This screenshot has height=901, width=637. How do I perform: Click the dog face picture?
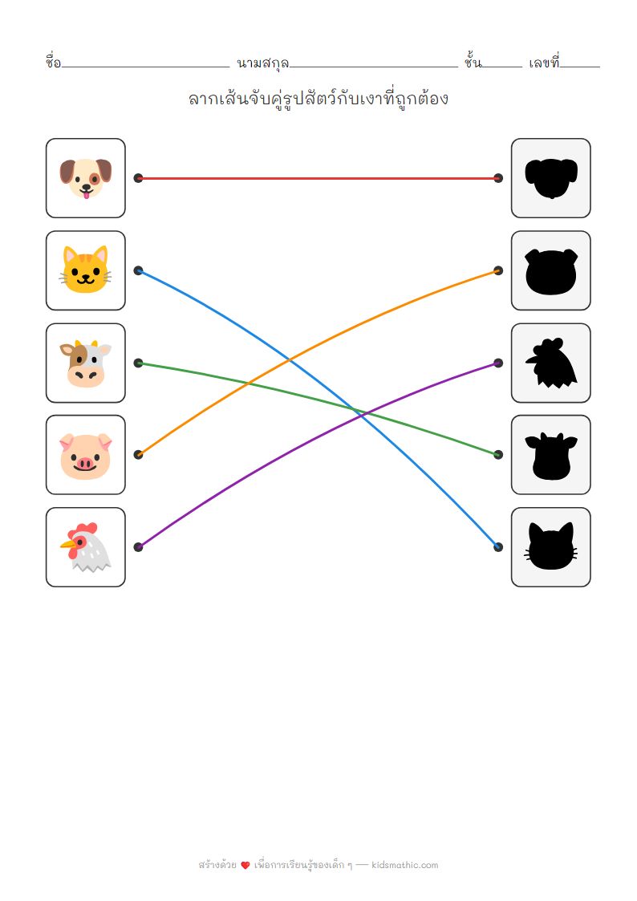point(85,177)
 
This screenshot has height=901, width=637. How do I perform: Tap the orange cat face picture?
point(85,270)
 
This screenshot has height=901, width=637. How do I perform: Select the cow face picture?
point(85,363)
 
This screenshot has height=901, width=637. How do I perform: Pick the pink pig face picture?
point(85,454)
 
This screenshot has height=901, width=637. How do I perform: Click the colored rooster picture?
point(85,546)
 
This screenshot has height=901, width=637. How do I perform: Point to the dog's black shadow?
point(551,177)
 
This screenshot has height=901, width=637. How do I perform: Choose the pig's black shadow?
point(551,270)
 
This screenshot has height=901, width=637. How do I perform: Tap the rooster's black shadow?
point(551,363)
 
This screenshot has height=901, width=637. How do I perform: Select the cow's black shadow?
point(551,454)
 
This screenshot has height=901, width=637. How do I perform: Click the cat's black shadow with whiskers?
point(551,546)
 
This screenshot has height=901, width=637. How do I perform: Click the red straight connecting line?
point(318,178)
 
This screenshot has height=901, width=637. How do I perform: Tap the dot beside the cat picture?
point(138,270)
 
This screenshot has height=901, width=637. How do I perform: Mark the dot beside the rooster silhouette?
point(498,363)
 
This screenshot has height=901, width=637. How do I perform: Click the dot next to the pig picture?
point(138,454)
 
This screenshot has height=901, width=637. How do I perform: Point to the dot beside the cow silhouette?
point(498,454)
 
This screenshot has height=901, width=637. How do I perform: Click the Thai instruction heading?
point(318,99)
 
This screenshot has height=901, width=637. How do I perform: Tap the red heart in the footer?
point(245,865)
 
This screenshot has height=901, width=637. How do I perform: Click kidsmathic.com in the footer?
point(405,865)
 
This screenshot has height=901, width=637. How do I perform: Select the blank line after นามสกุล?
point(373,64)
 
